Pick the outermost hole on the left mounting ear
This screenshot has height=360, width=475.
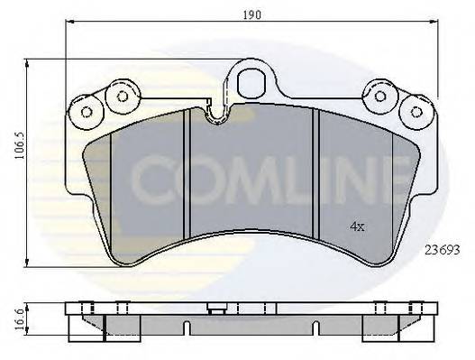[87, 112]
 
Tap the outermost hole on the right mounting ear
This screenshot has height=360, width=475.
[416, 112]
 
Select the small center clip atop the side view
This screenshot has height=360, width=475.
[216, 309]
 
